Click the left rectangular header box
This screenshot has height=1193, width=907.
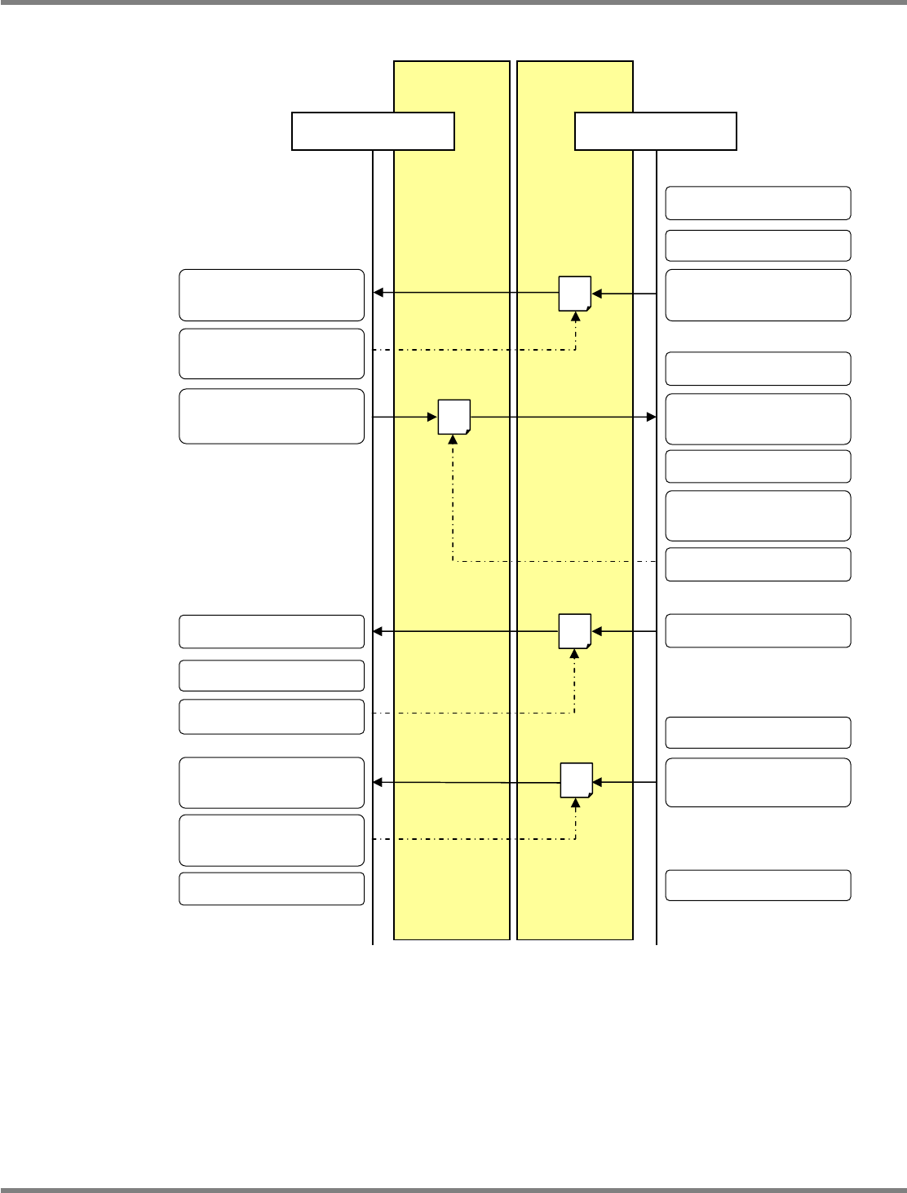point(373,131)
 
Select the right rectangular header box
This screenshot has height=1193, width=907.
point(656,131)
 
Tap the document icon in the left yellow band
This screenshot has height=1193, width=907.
point(454,417)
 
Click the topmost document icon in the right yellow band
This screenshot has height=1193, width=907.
point(574,294)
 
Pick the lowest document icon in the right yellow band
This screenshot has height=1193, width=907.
point(576,780)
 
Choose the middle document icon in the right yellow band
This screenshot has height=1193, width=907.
point(574,630)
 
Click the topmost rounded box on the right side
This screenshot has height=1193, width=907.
point(758,203)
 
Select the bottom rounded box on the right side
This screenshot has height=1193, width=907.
point(758,885)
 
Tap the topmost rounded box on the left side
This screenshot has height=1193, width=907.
point(272,294)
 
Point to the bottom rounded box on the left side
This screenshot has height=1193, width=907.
point(272,889)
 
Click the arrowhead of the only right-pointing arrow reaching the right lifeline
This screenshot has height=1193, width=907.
point(652,417)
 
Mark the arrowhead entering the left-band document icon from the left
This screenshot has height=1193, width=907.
point(434,417)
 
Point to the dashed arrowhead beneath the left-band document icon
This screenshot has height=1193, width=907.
point(453,439)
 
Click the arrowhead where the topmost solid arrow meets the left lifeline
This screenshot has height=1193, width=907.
point(378,293)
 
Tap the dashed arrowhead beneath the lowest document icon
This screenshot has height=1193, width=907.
point(576,802)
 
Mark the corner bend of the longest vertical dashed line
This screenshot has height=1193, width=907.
point(453,561)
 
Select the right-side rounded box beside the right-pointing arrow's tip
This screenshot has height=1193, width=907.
point(758,418)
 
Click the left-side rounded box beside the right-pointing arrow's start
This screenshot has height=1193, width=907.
point(272,416)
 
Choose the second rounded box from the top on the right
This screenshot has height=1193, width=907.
point(758,245)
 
